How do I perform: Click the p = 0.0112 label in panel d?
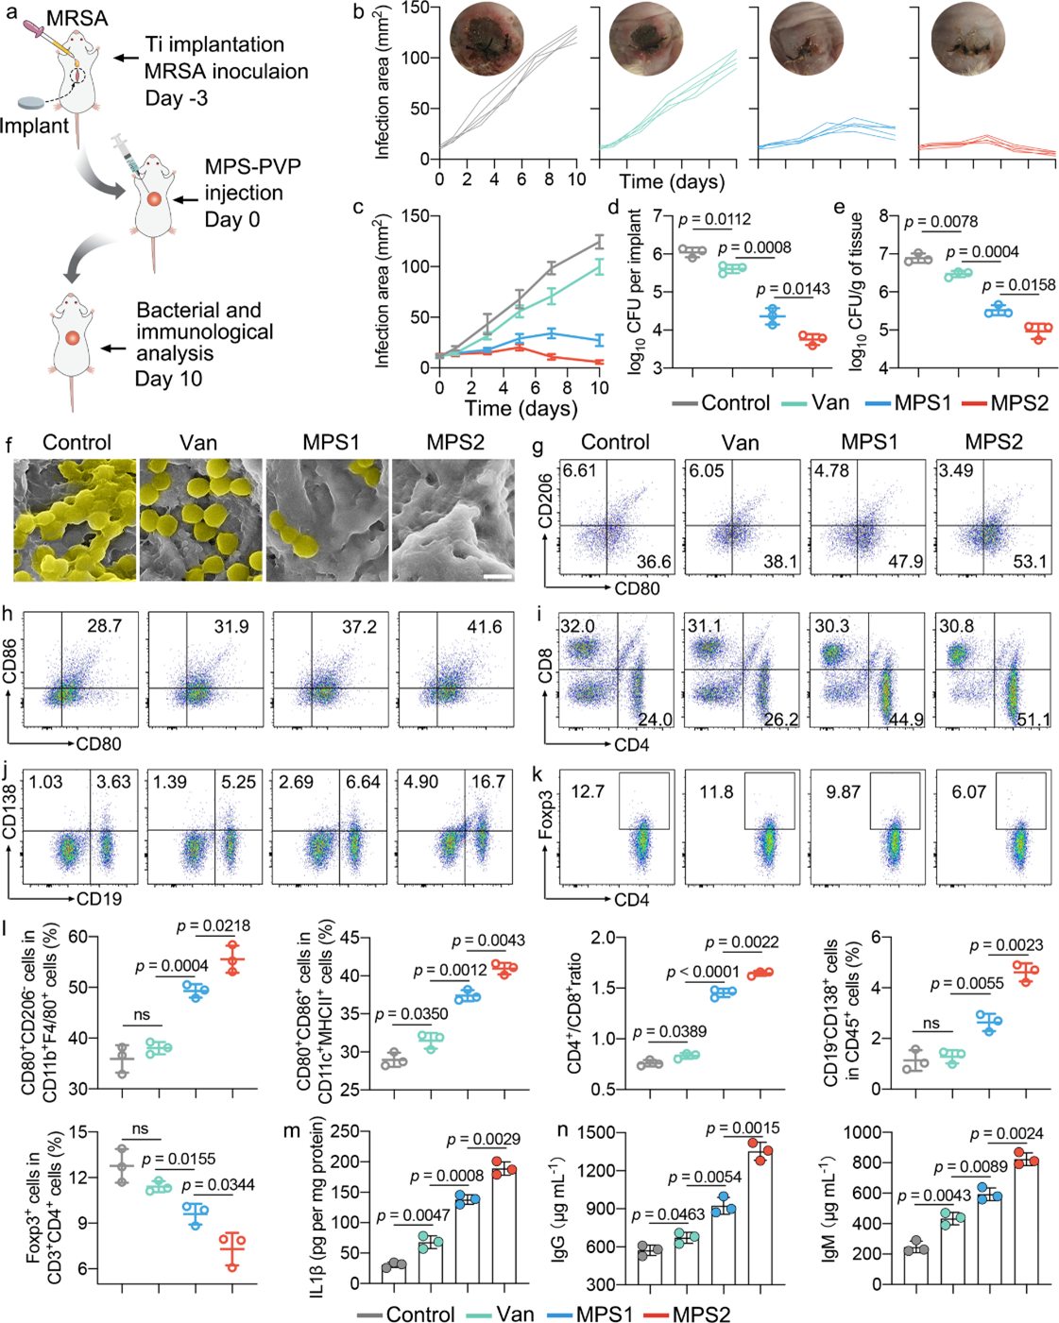tap(709, 220)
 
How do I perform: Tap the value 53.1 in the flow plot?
tap(1030, 563)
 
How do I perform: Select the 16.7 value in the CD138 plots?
tap(488, 782)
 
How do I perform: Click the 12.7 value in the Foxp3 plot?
tap(588, 791)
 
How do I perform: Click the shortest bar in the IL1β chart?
tap(394, 1273)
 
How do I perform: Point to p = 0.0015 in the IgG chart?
tap(743, 1128)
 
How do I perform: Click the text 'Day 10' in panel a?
tap(168, 379)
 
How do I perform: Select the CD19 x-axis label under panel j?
tap(99, 899)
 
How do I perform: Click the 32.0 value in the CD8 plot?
tap(577, 627)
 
